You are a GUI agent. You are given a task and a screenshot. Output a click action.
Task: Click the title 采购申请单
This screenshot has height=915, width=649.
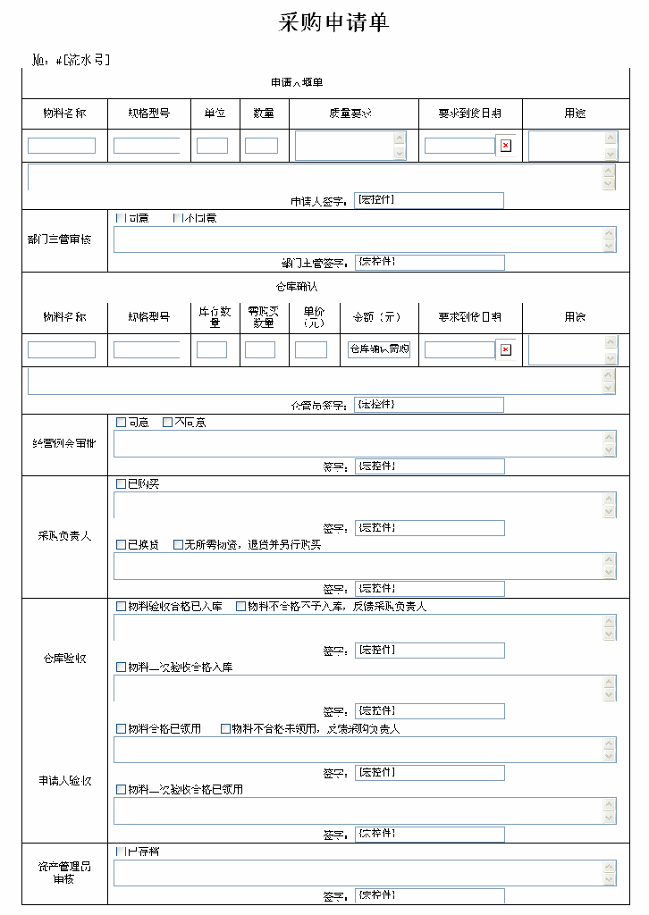(x=334, y=23)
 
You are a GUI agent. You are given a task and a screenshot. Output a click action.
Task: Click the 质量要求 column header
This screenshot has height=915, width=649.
(x=350, y=113)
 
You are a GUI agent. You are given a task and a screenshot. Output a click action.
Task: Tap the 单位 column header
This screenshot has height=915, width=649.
(x=215, y=113)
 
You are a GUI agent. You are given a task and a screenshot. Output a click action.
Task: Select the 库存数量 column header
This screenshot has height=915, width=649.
(x=215, y=317)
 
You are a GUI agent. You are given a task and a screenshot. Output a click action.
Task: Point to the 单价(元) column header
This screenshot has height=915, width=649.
(x=314, y=317)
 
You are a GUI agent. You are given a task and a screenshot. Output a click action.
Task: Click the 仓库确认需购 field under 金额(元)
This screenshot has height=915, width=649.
(x=379, y=349)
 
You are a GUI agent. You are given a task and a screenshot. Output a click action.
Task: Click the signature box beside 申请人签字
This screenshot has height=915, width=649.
(x=429, y=201)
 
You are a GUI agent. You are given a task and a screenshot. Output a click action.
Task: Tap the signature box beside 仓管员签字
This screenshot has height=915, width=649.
(x=429, y=405)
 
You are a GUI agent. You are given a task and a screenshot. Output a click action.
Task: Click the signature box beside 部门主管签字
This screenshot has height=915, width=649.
(x=430, y=263)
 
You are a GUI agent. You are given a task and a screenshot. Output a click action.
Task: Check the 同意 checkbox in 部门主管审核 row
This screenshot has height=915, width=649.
(x=121, y=218)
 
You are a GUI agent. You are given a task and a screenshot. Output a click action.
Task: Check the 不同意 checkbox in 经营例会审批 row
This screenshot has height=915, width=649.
(x=167, y=423)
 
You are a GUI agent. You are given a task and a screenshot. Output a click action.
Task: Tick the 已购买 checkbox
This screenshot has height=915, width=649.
(x=121, y=483)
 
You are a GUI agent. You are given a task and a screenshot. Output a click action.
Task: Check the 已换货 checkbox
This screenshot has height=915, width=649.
(x=121, y=545)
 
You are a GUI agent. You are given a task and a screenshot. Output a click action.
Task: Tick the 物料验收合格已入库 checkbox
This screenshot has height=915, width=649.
(x=121, y=607)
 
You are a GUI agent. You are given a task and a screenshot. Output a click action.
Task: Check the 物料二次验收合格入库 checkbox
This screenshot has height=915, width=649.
(x=121, y=667)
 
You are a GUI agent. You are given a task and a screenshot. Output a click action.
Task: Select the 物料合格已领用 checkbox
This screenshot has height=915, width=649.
(x=121, y=729)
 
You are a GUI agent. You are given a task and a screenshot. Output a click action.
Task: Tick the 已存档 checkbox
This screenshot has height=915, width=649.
(x=121, y=852)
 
